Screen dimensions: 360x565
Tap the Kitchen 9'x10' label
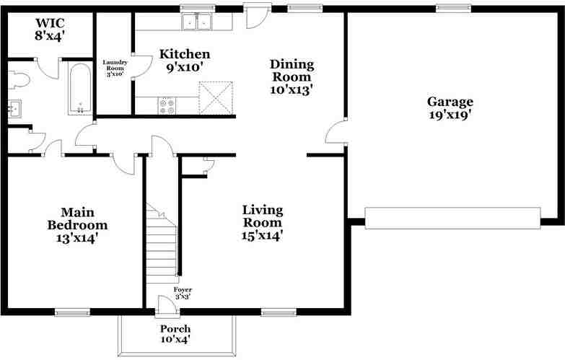tap(185, 61)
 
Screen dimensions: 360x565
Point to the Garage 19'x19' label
tap(450, 107)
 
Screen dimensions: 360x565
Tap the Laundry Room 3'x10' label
tap(115, 68)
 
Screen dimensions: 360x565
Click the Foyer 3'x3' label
tap(183, 292)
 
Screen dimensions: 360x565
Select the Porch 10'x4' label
tap(175, 333)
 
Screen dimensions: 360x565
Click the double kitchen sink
tap(196, 22)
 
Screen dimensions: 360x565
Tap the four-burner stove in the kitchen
tap(167, 106)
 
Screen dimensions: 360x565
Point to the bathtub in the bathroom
tap(79, 89)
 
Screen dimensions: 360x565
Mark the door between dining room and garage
tap(335, 134)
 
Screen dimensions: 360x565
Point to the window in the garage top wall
tap(452, 9)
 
